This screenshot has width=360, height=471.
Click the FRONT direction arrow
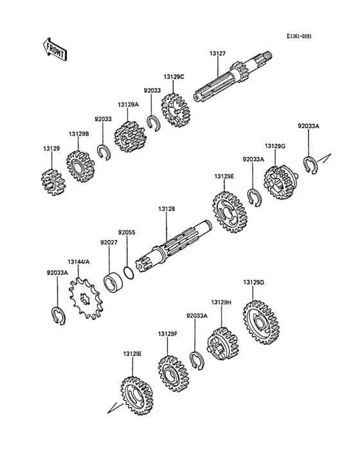point(54,50)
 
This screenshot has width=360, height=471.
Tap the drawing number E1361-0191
point(299,36)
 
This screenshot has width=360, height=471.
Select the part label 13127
point(217,53)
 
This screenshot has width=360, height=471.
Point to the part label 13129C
point(174,77)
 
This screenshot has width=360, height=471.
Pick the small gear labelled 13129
point(53,181)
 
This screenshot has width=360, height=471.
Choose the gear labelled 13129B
point(80,166)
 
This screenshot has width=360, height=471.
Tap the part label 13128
point(166,208)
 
